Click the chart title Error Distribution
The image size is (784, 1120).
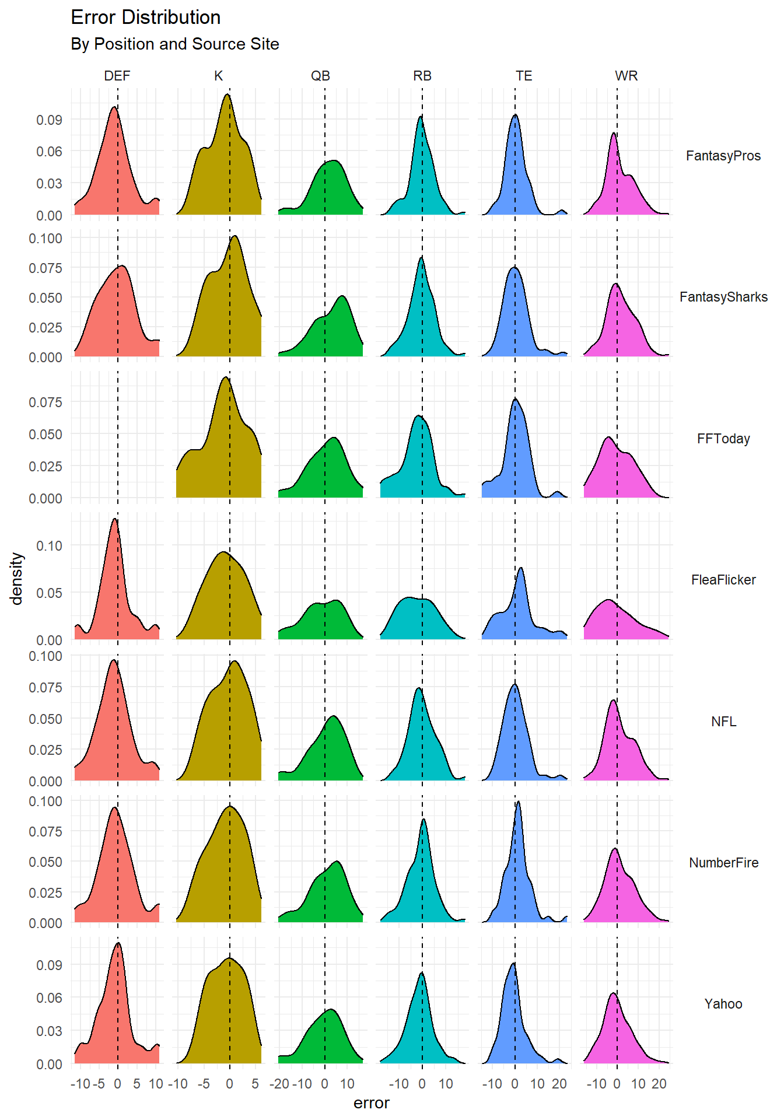pos(145,17)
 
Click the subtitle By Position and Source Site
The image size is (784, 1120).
pos(174,44)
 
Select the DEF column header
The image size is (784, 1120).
pos(117,76)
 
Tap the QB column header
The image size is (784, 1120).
pos(320,76)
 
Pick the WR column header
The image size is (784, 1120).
pos(626,76)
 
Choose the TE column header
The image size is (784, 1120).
pos(524,76)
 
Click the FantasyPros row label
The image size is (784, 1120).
pos(723,156)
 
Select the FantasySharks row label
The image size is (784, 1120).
pos(723,297)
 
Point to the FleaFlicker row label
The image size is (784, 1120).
pos(723,580)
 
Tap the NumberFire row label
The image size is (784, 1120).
pos(723,863)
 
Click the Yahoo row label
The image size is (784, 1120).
pos(723,1004)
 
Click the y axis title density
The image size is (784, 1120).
pos(16,578)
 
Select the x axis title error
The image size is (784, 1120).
pos(371,1103)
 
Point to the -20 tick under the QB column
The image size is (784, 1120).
pos(279,1084)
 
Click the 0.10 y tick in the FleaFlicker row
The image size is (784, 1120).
pos(49,545)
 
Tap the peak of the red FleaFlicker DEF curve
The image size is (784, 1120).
pos(114,519)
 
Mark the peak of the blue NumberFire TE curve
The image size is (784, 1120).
pos(518,801)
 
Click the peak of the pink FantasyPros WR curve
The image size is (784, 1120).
pos(614,133)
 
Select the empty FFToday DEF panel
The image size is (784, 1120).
pos(117,435)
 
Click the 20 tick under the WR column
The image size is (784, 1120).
pos(659,1084)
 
